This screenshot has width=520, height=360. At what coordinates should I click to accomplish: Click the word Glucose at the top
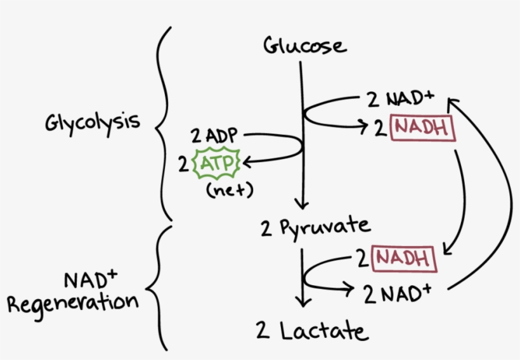(x=305, y=46)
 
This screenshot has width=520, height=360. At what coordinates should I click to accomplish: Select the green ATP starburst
(x=217, y=164)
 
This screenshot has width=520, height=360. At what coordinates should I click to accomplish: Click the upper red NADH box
(x=422, y=127)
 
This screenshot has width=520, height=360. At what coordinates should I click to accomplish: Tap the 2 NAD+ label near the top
(x=401, y=99)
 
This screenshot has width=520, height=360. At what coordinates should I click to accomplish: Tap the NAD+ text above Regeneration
(x=86, y=279)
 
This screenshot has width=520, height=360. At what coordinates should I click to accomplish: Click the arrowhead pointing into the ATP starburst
(x=247, y=163)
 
